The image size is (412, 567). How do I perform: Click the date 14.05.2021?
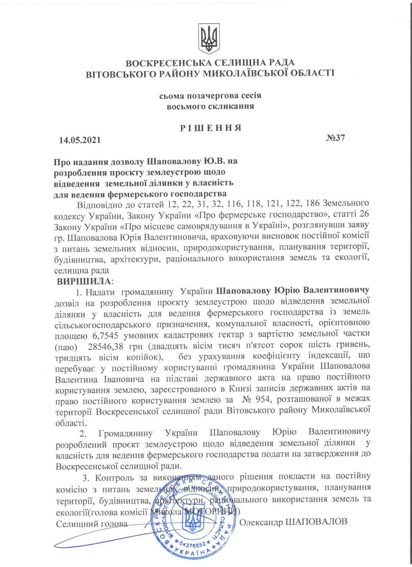(80, 140)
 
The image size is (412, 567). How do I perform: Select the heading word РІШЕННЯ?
(211, 128)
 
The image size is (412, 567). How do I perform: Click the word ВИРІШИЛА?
(84, 282)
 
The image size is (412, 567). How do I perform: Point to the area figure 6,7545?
(104, 335)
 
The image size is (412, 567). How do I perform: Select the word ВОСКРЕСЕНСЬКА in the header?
(169, 63)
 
